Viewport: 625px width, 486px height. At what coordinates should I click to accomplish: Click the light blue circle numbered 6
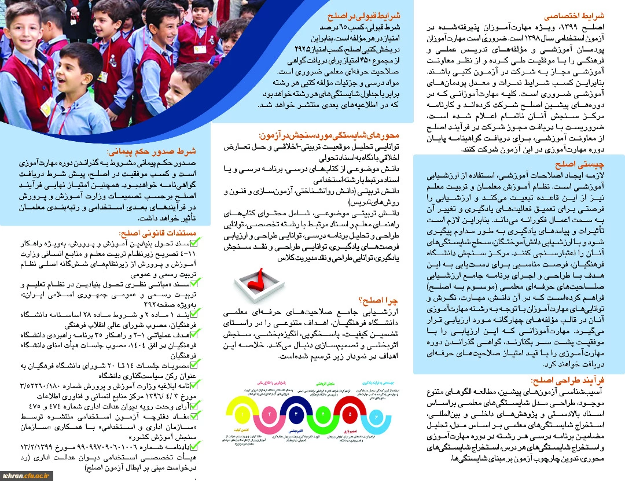376,414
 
